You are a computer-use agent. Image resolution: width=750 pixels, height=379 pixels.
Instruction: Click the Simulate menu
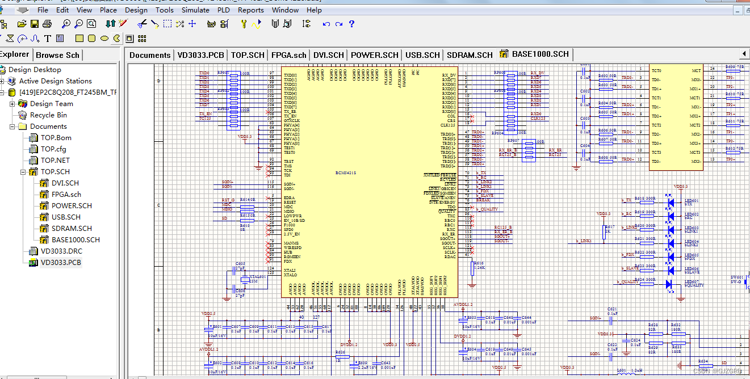pyautogui.click(x=195, y=10)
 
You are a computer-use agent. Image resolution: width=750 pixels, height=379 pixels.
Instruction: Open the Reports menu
pyautogui.click(x=250, y=10)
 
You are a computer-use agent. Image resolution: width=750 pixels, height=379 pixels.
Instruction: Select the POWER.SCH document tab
pyautogui.click(x=374, y=55)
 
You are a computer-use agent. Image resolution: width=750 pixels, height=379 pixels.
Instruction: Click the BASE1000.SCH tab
pyautogui.click(x=540, y=54)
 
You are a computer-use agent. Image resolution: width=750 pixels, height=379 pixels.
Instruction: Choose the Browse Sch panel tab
pyautogui.click(x=57, y=55)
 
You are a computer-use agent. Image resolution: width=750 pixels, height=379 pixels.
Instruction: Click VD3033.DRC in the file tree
pyautogui.click(x=61, y=251)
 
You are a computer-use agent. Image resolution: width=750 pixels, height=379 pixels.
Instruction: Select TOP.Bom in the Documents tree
pyautogui.click(x=56, y=137)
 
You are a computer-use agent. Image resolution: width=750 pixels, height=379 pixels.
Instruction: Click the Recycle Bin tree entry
pyautogui.click(x=48, y=115)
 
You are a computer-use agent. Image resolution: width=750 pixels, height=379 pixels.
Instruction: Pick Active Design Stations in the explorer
pyautogui.click(x=55, y=81)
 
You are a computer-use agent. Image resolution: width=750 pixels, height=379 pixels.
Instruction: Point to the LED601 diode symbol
pyautogui.click(x=670, y=201)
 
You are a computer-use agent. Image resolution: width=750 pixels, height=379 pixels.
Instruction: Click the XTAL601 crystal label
pyautogui.click(x=257, y=277)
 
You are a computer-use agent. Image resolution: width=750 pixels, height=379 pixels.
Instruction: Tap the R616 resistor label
pyautogui.click(x=478, y=264)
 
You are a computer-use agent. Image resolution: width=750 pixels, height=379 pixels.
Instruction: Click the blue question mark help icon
pyautogui.click(x=351, y=24)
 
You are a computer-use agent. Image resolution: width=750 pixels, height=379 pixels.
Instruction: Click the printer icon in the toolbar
pyautogui.click(x=47, y=24)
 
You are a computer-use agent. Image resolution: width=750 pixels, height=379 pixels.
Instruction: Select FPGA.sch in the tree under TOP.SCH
pyautogui.click(x=66, y=194)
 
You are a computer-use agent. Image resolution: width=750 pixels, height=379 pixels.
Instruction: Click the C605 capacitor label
pyautogui.click(x=240, y=264)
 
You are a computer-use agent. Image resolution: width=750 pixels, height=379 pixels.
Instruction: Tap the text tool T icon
pyautogui.click(x=47, y=39)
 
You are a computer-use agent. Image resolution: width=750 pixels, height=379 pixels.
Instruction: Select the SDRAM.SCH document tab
pyautogui.click(x=470, y=55)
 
